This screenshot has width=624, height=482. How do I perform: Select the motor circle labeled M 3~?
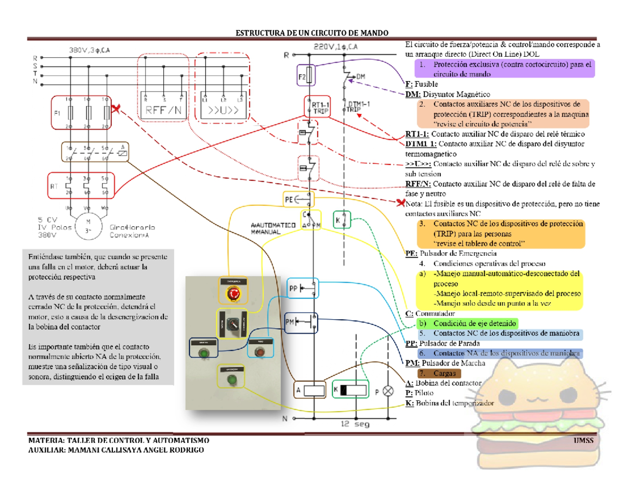point(87,226)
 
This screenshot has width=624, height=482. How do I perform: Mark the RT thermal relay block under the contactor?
point(87,185)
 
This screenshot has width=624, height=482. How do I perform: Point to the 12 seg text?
point(355,424)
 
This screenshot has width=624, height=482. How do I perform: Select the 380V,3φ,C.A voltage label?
point(91,50)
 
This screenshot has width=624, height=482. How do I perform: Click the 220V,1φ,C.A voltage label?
point(335,46)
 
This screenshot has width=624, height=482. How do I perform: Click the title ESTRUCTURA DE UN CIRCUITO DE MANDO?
point(312,33)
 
